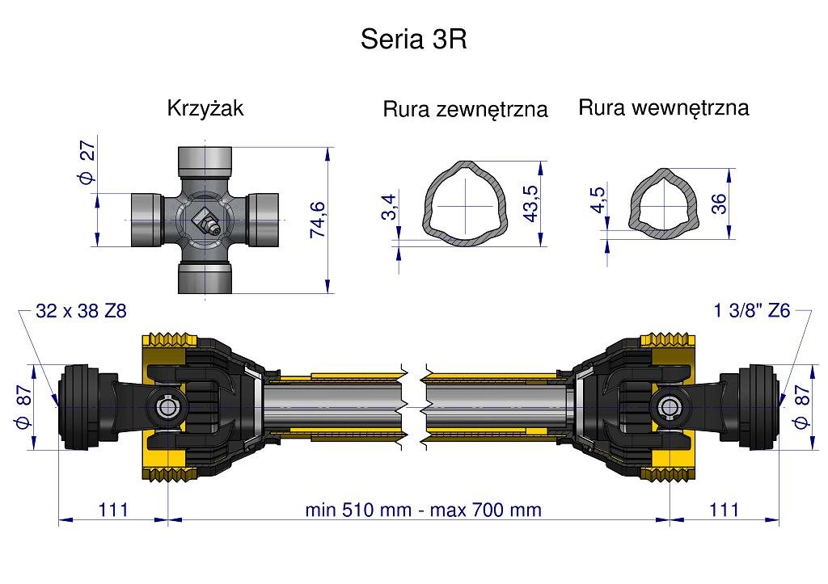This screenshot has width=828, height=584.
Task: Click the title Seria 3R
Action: click(413, 39)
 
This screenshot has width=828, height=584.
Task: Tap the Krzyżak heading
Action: click(205, 108)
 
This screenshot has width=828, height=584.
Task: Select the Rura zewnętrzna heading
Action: click(465, 110)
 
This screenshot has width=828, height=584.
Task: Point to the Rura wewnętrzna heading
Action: click(664, 107)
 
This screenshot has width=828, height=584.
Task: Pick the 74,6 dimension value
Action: click(317, 220)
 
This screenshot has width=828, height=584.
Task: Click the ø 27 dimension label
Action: click(87, 162)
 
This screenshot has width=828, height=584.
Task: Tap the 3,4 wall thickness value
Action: click(388, 207)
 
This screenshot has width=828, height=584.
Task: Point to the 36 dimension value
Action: click(719, 203)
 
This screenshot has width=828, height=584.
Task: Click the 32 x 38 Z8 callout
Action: click(82, 311)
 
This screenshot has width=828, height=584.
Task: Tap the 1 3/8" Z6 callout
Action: click(752, 310)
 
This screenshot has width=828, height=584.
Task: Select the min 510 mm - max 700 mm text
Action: click(424, 510)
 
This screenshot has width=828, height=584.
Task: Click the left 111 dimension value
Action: click(113, 510)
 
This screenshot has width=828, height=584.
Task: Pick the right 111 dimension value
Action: click(724, 510)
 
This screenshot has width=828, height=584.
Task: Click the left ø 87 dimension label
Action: click(23, 407)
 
